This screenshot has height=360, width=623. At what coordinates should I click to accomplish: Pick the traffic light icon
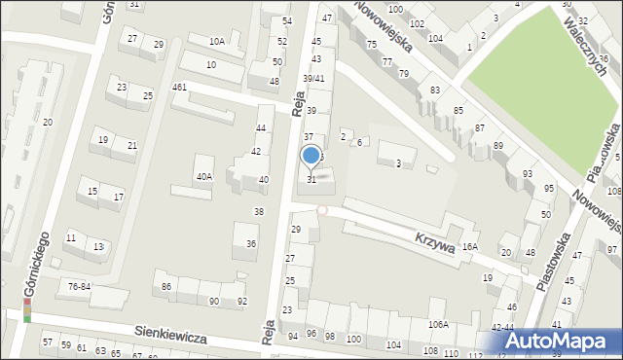pos(28,310)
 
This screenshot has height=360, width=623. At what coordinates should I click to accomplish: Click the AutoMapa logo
pos(566,341)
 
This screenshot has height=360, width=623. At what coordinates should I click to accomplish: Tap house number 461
pos(179,88)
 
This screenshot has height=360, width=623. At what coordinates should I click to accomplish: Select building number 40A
pos(203,176)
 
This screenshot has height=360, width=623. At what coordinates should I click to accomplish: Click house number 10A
pos(218,41)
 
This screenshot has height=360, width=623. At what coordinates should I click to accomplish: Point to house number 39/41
pos(313,78)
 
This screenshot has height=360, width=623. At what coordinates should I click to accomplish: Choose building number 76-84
pos(80,285)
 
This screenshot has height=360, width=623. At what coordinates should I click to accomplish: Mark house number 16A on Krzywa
pos(470,247)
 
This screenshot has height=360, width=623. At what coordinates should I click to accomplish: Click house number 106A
pos(439,324)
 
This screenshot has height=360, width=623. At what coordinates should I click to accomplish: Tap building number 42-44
pos(502,327)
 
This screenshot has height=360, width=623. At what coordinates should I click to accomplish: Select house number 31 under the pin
pos(311,179)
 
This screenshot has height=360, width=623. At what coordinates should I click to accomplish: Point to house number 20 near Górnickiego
pos(47,122)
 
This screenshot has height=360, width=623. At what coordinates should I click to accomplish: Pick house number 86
pos(166,286)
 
